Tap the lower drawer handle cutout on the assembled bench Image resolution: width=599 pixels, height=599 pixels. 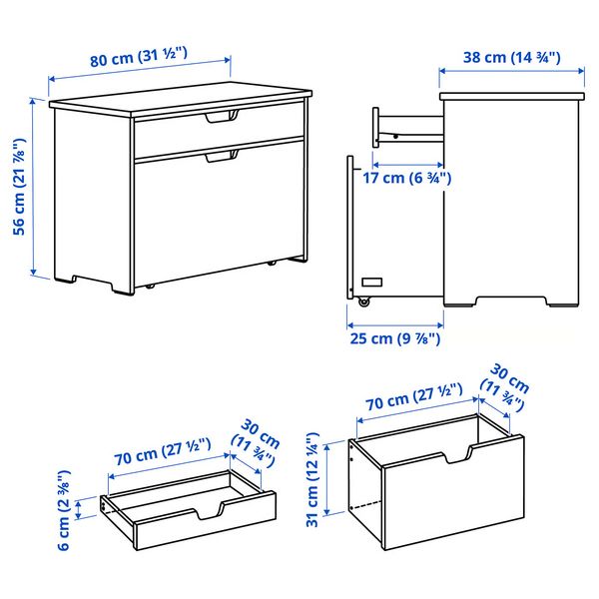coord(222,156)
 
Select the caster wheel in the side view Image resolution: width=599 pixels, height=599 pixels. coord(364,300)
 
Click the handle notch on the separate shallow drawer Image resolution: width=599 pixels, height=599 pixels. coord(213,513)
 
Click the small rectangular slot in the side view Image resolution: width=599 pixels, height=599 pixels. coord(371,283)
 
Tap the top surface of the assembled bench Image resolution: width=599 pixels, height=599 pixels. coord(180,103)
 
